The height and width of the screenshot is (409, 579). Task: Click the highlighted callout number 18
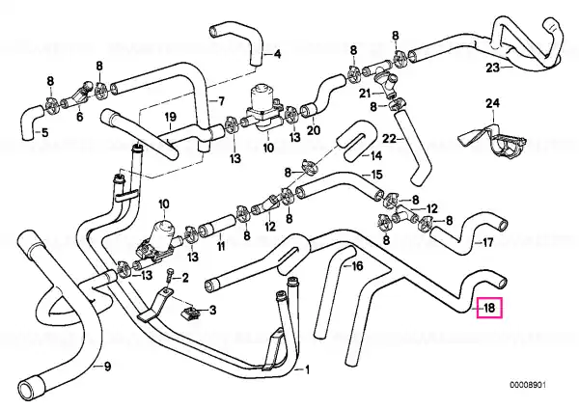coord(489,308)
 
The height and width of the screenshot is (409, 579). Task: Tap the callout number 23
coord(492,68)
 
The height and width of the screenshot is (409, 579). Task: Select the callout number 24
coord(492,103)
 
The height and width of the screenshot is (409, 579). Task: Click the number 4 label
coord(277,54)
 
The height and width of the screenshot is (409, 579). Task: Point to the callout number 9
coord(107,367)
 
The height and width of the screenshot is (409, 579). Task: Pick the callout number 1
coord(307,369)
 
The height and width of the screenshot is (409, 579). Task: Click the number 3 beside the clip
coord(212,311)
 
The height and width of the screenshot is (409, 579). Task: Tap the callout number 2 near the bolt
coord(185,278)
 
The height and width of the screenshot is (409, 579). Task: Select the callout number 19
coord(170,117)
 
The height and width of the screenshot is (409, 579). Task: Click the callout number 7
coord(221,100)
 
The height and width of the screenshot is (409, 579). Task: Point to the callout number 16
coord(357,266)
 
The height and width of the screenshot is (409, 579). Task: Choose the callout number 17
coord(487,242)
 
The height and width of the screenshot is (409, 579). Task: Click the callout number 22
coord(389,139)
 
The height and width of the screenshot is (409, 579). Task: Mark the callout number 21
coord(365,94)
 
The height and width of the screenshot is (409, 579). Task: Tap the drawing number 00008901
coord(528,385)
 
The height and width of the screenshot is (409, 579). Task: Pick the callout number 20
coord(314,129)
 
